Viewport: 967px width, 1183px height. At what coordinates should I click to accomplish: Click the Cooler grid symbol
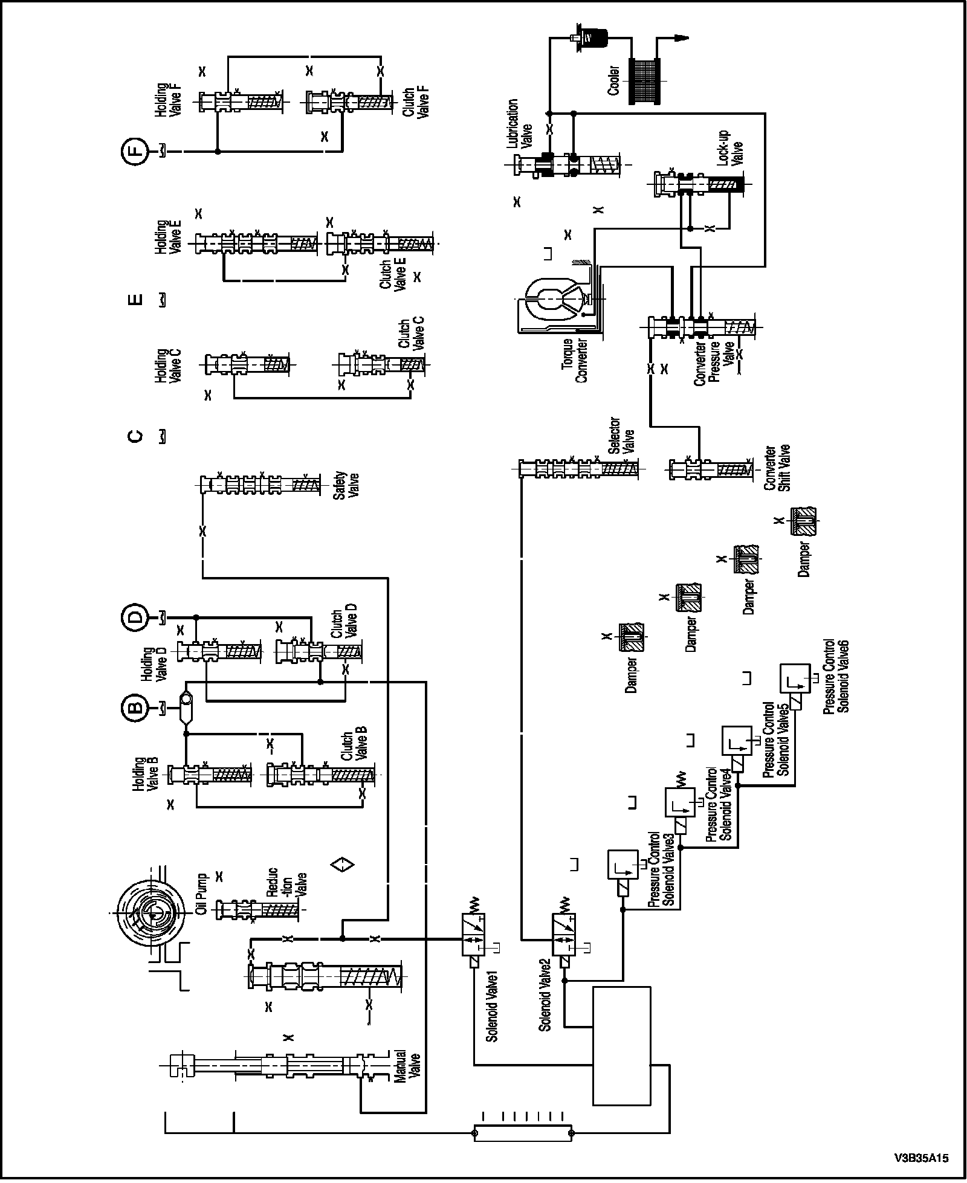pos(645,81)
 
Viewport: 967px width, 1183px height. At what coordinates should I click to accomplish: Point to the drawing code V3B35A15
pos(922,1158)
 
